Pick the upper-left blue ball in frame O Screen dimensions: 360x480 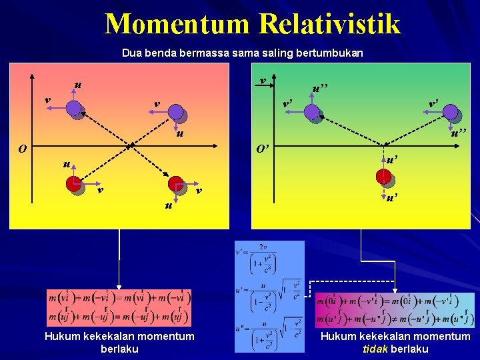click(x=75, y=109)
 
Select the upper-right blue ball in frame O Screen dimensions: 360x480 click(x=177, y=112)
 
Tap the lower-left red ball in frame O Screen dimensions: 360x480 click(x=75, y=185)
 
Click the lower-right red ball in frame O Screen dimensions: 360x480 click(x=176, y=184)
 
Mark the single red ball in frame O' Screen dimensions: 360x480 click(x=384, y=177)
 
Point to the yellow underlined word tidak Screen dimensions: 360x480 click(x=374, y=349)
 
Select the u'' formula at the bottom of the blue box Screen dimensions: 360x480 click(x=268, y=335)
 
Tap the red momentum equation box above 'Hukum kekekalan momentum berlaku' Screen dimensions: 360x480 click(x=119, y=307)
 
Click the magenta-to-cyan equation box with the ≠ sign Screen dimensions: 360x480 click(x=395, y=310)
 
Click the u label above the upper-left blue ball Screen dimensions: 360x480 click(x=78, y=85)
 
